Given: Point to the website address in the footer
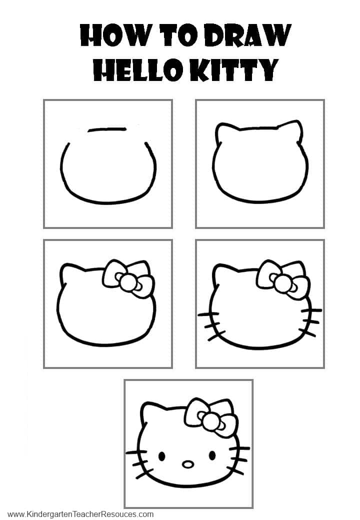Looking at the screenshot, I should point(81,514).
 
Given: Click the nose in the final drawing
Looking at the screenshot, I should point(188,464).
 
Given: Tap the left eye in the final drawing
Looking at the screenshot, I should point(161,456).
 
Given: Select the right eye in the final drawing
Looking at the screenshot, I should point(212,455).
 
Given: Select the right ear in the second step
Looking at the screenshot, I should point(294,130).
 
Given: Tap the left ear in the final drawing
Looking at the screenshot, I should point(149,411).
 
